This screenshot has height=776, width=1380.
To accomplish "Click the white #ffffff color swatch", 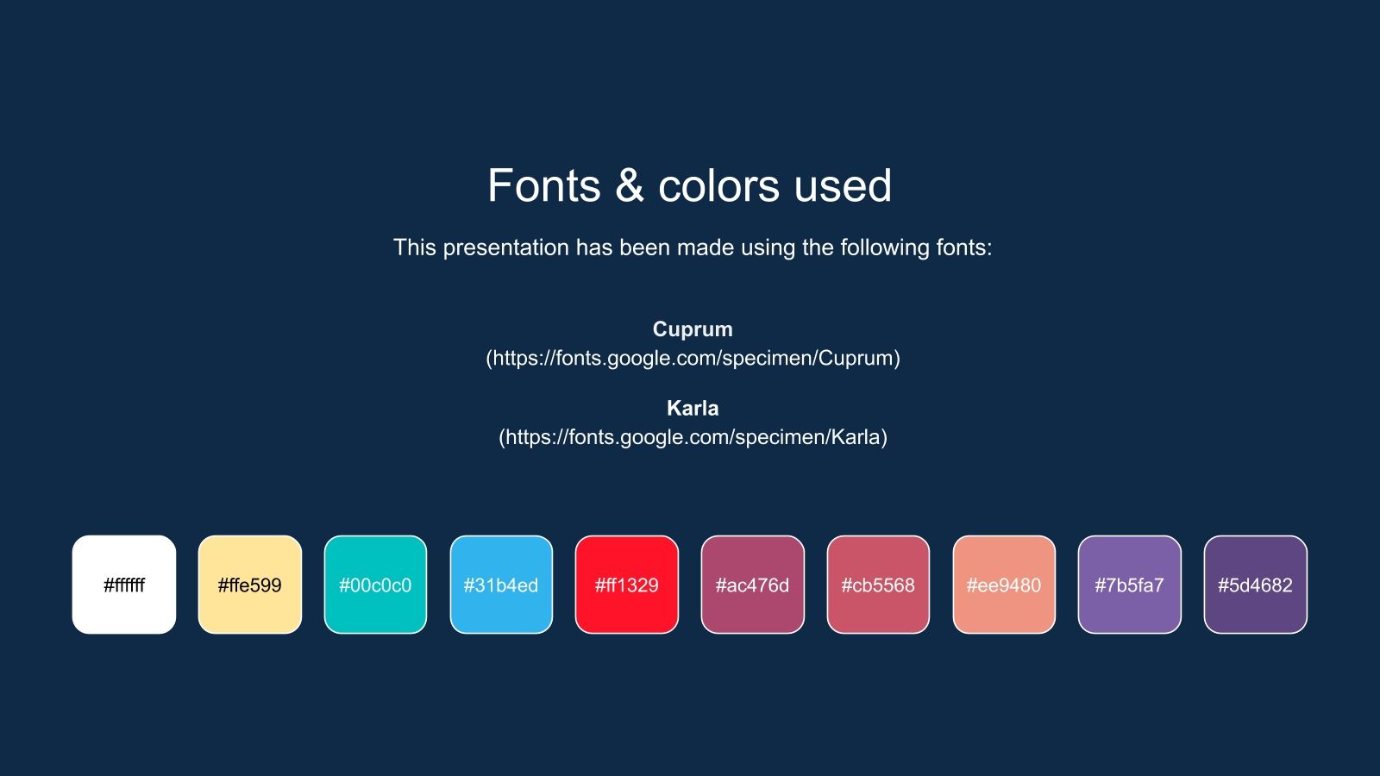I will coord(124,585).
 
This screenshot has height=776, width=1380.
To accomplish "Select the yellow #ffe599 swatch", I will coord(250,585).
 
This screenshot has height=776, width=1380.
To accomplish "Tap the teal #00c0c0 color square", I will coord(375,585).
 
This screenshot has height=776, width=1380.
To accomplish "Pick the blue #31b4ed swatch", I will coord(501,585).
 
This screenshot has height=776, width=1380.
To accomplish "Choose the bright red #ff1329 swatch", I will coord(627,585).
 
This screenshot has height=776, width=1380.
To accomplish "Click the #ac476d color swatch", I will coord(752,585).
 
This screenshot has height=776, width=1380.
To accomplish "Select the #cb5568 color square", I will coord(878,585).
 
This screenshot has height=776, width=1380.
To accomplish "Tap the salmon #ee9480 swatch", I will coord(1004,585).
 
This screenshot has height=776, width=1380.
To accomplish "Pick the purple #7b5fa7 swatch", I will coord(1129,585).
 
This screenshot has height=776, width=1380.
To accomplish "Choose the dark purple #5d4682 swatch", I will coord(1255,585).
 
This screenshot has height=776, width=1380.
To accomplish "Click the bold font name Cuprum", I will coord(693,329).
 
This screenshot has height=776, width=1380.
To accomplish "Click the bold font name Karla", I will coord(693,408).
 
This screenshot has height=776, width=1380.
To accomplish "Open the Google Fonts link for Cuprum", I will coord(693,358).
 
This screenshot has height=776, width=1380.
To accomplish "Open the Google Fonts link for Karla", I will coord(693,437).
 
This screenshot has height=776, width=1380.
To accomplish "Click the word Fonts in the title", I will coord(543,186).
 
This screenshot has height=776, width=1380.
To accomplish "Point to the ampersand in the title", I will coord(630,186).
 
